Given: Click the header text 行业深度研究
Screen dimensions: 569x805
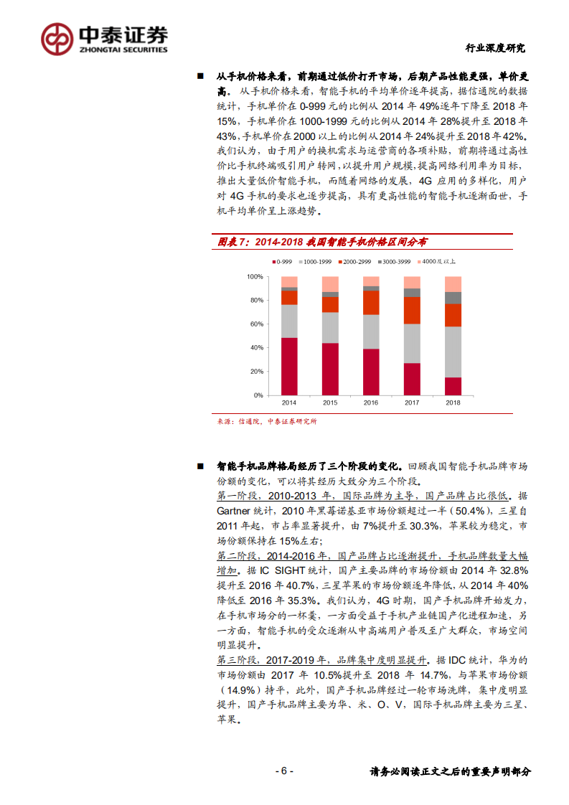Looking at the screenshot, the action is [x=495, y=49].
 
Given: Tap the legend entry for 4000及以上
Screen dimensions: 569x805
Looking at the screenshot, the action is [x=438, y=262].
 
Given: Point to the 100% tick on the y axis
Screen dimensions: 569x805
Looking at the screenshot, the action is [x=255, y=276].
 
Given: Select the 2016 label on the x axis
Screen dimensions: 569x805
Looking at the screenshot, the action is [x=371, y=403].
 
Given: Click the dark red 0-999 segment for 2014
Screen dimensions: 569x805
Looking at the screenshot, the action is [x=289, y=366].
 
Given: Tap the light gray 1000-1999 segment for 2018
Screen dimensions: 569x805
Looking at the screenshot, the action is [x=453, y=352].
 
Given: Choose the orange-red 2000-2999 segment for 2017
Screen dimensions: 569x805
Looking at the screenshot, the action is [x=412, y=310].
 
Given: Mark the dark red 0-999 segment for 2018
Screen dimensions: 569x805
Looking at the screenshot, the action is [x=453, y=386].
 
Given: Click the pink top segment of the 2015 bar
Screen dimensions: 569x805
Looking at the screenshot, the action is [x=330, y=283].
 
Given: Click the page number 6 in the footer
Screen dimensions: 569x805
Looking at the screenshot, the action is [x=284, y=771].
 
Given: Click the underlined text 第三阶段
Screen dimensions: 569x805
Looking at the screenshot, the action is [x=237, y=660].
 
